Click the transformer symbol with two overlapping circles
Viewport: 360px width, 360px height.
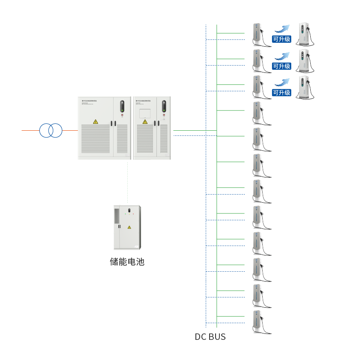[x=51, y=130]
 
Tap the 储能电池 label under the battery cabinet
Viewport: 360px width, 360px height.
[x=127, y=261]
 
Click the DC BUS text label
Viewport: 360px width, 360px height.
[x=210, y=337]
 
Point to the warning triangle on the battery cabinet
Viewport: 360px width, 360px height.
[x=129, y=227]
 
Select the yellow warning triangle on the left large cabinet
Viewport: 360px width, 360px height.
[x=96, y=122]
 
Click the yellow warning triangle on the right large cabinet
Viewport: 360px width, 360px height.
[x=145, y=122]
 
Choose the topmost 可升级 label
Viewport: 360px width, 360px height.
[x=282, y=39]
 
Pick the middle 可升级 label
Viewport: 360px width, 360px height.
[x=282, y=66]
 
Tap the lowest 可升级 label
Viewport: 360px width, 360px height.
[x=282, y=93]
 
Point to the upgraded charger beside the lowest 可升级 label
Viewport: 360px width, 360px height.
[x=306, y=87]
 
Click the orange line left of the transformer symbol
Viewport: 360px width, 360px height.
[x=30, y=130]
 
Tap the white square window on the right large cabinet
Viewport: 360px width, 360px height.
[x=144, y=113]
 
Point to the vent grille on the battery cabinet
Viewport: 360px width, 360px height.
[x=116, y=214]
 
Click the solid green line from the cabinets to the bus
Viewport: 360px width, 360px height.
[x=195, y=130]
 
